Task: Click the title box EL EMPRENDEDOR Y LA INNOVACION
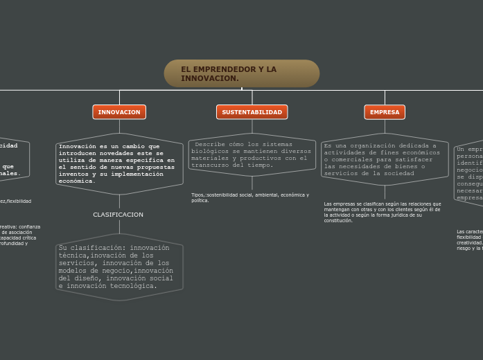[241, 73]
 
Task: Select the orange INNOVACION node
[119, 112]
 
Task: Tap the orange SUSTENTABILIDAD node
[252, 112]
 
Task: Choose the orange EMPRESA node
[385, 112]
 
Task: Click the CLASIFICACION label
[118, 215]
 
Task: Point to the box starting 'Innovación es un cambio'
[119, 163]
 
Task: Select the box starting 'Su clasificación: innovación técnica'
[119, 267]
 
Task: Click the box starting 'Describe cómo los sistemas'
[252, 154]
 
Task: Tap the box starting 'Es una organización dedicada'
[385, 159]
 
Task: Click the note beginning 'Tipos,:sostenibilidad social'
[250, 197]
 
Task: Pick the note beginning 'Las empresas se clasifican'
[383, 212]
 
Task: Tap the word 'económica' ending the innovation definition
[77, 181]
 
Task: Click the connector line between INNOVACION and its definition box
[119, 125]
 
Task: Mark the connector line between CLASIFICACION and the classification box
[119, 226]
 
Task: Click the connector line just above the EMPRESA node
[385, 98]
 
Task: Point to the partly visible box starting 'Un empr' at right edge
[470, 173]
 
